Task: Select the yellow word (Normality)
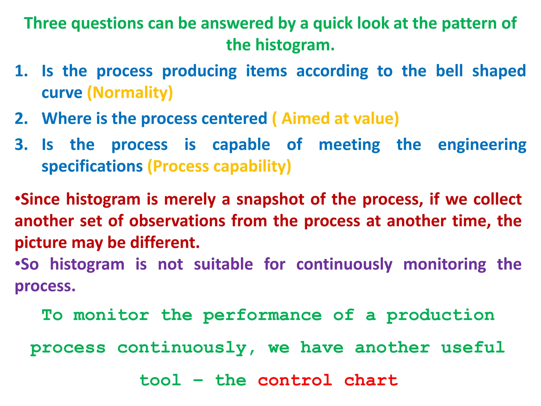coord(130,93)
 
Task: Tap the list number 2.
coord(21,118)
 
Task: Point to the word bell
coord(449,71)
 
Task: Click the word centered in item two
coord(234,118)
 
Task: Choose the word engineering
coord(482,145)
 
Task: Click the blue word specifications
coord(92,167)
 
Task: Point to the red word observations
coord(177,221)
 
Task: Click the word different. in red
coord(165,243)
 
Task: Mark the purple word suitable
coord(223,264)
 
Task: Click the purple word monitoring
coord(445,264)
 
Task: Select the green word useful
coord(473,348)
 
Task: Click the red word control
coord(295,381)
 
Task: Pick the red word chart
coord(371,381)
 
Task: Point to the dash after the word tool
coord(198,381)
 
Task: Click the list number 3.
coord(21,145)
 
